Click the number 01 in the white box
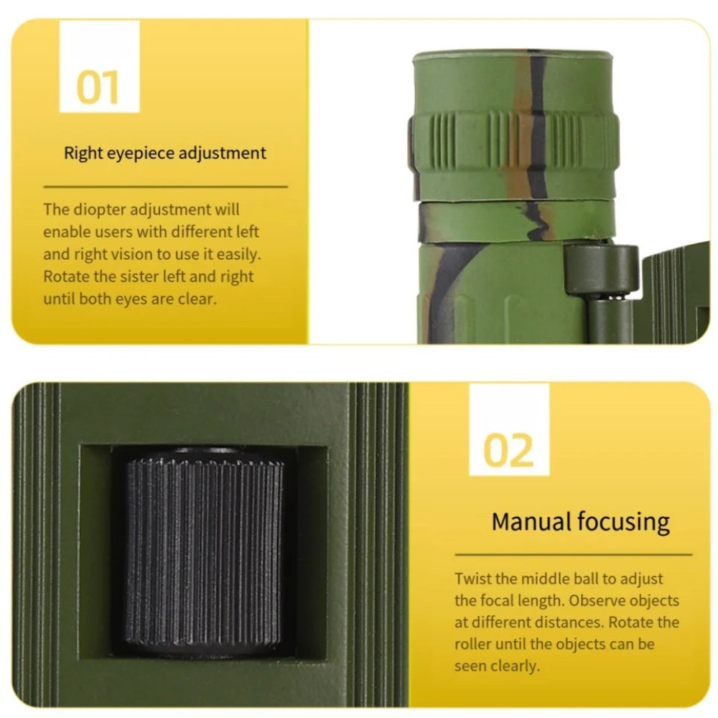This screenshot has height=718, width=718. point(98,87)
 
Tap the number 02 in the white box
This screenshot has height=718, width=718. point(509,451)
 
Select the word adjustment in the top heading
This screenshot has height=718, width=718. point(222,154)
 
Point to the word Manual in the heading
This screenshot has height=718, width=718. point(531,521)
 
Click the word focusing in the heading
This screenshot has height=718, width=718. point(623,523)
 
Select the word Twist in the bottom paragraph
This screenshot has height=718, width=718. point(473,579)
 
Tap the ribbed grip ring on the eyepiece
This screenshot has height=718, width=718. point(514,142)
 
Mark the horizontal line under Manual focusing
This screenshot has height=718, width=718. point(573,554)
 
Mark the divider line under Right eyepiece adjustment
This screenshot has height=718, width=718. point(166,187)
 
